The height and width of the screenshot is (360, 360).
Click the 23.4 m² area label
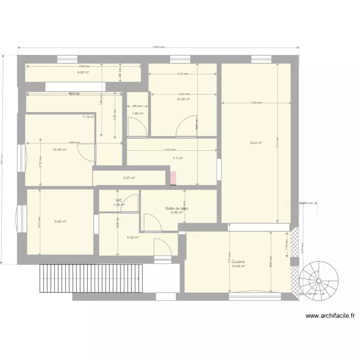[x=255, y=143]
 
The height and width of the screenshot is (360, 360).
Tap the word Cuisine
[x=238, y=262]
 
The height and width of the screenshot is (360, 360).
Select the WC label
[x=119, y=200]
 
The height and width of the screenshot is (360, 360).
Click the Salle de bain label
[x=177, y=208]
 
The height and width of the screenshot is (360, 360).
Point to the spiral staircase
[x=318, y=280]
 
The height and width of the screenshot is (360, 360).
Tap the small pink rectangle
[x=173, y=178]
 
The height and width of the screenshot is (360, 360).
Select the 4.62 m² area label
[x=83, y=72]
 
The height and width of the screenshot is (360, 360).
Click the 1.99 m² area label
[x=137, y=114]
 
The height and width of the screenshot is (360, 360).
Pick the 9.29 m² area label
[x=60, y=221]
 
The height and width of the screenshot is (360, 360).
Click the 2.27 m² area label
[x=129, y=178]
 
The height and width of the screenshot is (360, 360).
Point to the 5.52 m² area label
[x=132, y=237]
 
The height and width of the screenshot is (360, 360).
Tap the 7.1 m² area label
[x=178, y=158]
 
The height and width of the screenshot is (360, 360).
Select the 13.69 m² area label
[x=238, y=267]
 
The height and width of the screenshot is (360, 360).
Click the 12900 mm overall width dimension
[x=158, y=47]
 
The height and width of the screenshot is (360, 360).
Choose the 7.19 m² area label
[x=88, y=117]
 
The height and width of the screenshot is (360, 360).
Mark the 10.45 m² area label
[x=60, y=149]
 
